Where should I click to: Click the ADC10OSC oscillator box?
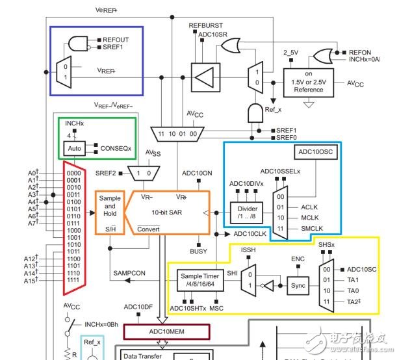click(x=315, y=152)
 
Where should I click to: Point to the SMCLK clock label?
click(x=314, y=229)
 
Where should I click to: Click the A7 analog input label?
click(x=50, y=224)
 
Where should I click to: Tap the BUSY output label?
click(x=198, y=251)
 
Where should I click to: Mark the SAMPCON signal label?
click(x=129, y=273)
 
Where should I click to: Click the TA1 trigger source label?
click(x=353, y=280)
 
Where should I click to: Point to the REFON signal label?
click(x=360, y=51)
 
